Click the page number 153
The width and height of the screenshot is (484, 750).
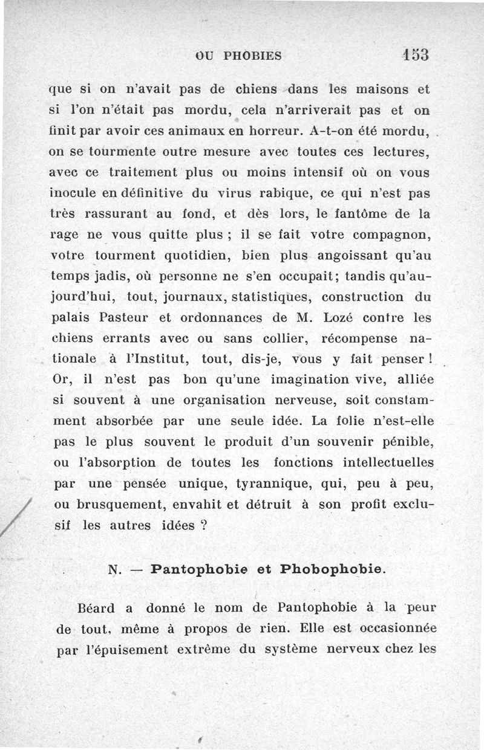[x=414, y=54]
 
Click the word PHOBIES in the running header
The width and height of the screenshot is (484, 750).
[x=253, y=56]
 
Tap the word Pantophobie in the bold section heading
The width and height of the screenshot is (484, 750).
[x=202, y=569]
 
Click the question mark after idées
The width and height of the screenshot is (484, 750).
[x=204, y=525]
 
